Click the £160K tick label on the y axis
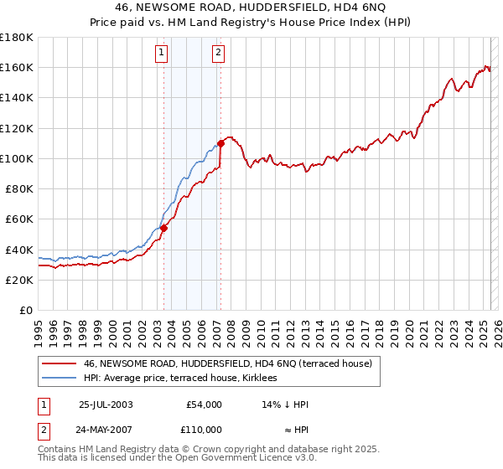(x=17, y=67)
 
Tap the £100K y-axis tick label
(x=17, y=158)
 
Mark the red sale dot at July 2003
(x=164, y=228)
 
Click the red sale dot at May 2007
(x=220, y=143)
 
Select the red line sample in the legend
(x=60, y=363)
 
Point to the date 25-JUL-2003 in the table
(x=106, y=405)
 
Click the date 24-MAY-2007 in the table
(x=106, y=430)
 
